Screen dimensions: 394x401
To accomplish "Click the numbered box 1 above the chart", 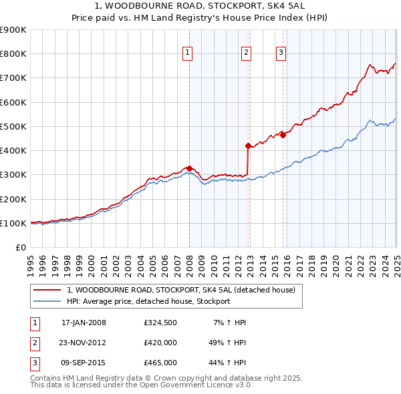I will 187,53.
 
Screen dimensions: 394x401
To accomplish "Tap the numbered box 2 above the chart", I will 246,53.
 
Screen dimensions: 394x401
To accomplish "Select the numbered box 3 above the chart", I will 281,53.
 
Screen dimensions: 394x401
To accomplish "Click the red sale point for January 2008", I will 189,168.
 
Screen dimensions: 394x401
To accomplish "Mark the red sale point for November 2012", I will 249,146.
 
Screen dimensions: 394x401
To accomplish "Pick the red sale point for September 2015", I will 283,135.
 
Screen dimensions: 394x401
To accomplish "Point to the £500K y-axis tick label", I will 13,126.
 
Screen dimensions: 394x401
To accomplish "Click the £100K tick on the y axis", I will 13,223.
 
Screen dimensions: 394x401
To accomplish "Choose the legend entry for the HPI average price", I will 148,301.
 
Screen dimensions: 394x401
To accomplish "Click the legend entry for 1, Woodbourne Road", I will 185,290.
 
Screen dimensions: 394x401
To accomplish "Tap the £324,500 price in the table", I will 160,323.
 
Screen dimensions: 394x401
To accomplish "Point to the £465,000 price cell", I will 160,363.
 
